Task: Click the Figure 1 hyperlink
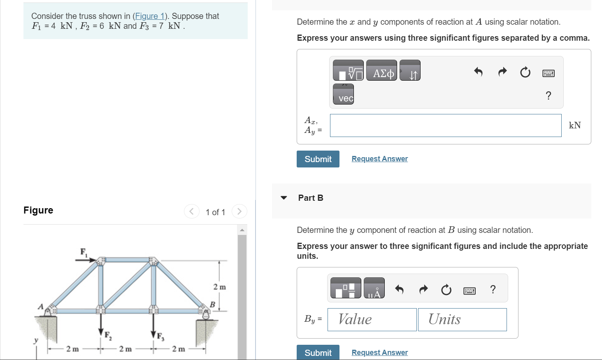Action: click(149, 16)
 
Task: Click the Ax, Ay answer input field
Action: click(445, 125)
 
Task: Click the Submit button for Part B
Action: click(318, 353)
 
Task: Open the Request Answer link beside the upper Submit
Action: click(379, 159)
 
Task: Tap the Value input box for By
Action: click(372, 320)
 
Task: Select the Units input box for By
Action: click(462, 320)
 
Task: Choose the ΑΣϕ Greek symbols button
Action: click(381, 70)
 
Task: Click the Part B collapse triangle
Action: click(284, 198)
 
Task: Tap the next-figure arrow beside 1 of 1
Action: click(239, 211)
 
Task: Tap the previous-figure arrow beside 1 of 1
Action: click(191, 211)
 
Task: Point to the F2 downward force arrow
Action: click(101, 326)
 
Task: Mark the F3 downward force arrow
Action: click(153, 326)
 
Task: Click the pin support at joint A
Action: click(49, 311)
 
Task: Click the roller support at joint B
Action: click(205, 313)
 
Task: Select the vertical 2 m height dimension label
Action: click(219, 287)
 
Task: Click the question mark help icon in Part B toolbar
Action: click(493, 289)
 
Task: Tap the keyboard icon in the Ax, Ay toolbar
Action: click(548, 73)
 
